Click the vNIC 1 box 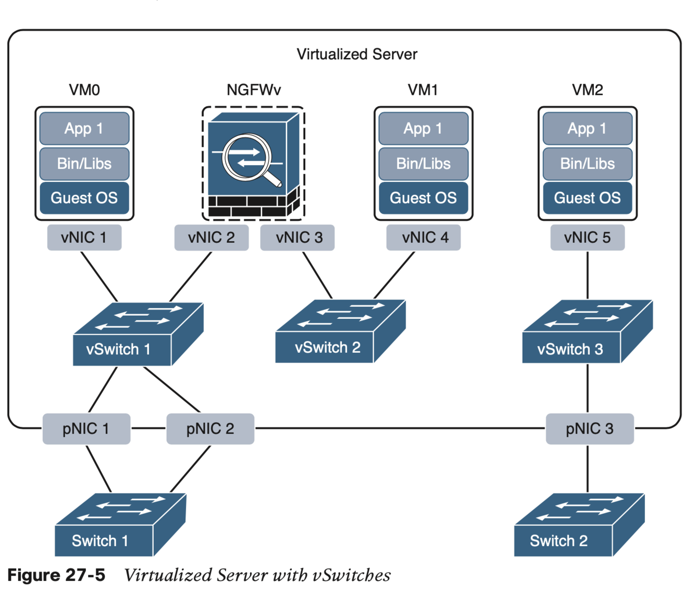[x=84, y=238]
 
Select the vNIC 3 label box [x=297, y=238]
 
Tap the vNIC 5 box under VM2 [x=587, y=238]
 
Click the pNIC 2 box [x=210, y=429]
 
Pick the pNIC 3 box [x=589, y=429]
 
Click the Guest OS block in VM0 [x=84, y=198]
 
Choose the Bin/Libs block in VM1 [x=423, y=164]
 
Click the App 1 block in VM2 [x=587, y=129]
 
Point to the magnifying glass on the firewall [x=249, y=158]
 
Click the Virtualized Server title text [x=357, y=54]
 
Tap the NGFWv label [x=253, y=90]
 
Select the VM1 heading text [x=423, y=90]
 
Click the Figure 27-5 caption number [x=56, y=575]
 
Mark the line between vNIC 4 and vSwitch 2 [x=394, y=275]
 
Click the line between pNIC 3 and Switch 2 [x=588, y=468]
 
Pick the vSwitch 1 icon [x=137, y=335]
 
